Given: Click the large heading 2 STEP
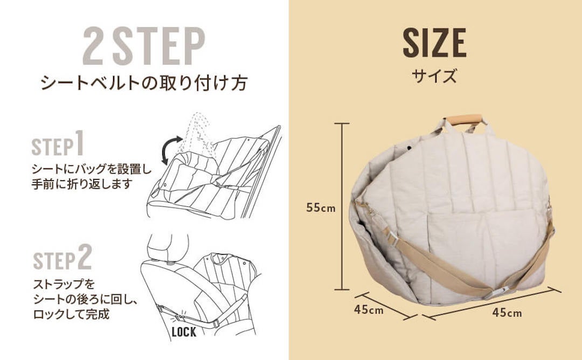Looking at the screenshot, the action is pos(144,46).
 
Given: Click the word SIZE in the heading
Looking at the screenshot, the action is pos(434,43).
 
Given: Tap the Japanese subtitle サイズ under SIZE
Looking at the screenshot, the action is pos(434,75).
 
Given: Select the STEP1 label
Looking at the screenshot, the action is pos(58,143).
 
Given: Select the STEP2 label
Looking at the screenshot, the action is pos(63,258).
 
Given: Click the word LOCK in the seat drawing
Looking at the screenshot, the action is pos(184,331).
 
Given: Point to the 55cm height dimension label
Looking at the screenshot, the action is pos(321,207).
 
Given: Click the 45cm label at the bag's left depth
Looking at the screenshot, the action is pos(369,309).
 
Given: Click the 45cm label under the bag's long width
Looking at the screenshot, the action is pos(507,313).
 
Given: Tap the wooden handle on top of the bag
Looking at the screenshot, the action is pos(464,120).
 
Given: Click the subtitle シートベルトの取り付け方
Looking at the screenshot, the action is pos(144,83).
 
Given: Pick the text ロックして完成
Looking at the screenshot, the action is pos(72,314).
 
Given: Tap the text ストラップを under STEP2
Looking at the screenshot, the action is pos(64,285).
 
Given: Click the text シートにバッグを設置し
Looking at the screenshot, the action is pos(92,169).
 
